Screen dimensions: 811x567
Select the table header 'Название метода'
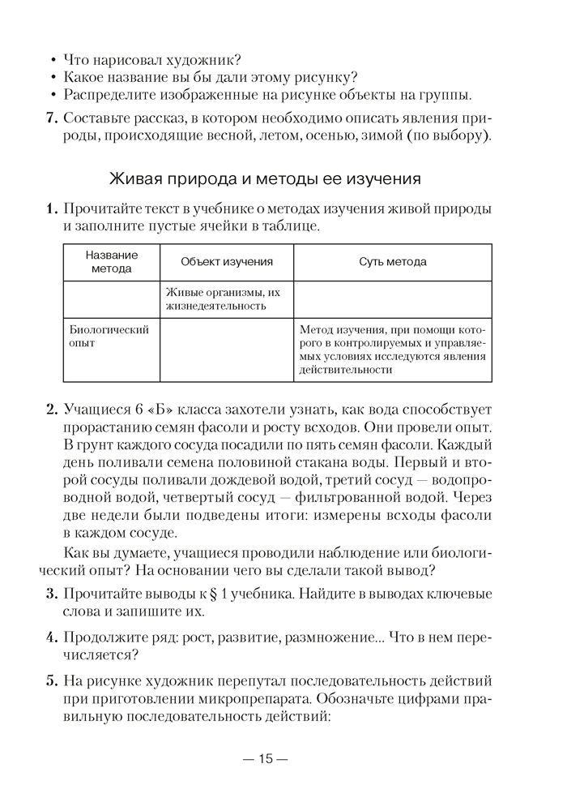pos(112,262)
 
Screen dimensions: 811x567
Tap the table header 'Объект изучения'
pos(227,262)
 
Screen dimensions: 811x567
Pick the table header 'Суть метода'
pos(392,262)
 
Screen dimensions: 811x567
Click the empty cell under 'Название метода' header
pos(112,299)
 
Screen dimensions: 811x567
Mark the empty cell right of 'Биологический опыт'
pos(227,350)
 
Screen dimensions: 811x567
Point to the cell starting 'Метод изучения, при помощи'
pos(392,350)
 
